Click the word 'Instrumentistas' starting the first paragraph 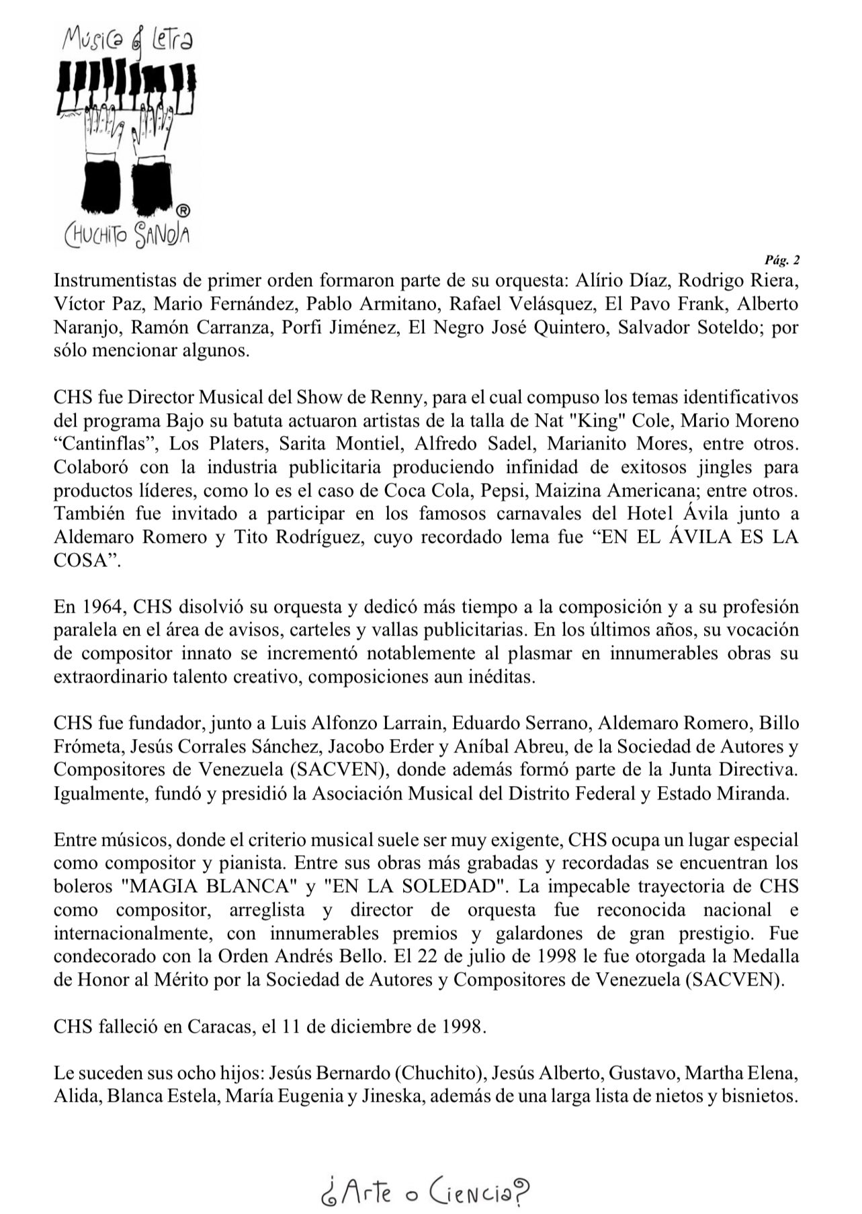pos(118,280)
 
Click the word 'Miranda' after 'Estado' pos(755,793)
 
